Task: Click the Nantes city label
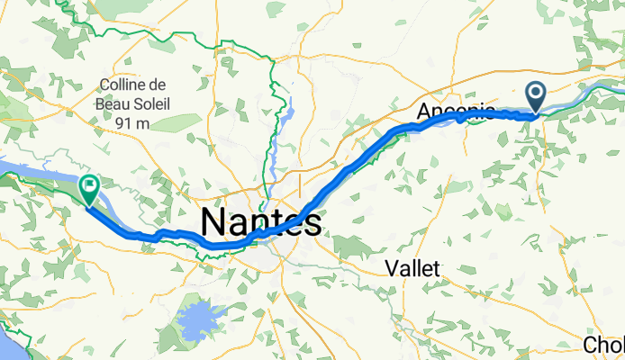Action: [x=259, y=220]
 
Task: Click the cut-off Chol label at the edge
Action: [x=603, y=345]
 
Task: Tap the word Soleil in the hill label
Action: [x=152, y=103]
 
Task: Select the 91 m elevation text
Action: [x=131, y=121]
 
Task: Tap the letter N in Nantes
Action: [x=213, y=221]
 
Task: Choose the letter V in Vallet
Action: [x=390, y=267]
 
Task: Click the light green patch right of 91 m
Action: [x=176, y=121]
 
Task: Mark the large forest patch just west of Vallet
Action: [x=347, y=244]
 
